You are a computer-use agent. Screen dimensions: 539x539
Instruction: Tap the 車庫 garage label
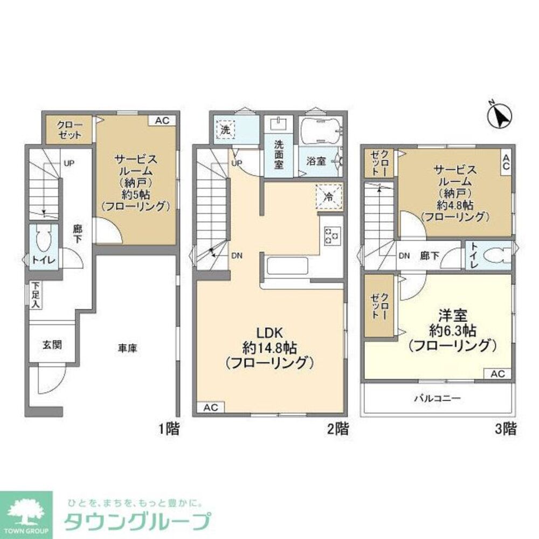click(128, 348)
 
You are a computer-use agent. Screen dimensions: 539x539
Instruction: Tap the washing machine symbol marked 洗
click(225, 129)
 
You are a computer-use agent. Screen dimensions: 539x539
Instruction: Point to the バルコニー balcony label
click(437, 399)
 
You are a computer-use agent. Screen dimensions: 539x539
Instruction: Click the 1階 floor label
click(169, 430)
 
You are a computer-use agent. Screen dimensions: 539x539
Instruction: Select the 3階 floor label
click(506, 430)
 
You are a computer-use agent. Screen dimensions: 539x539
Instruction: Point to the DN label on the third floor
click(404, 256)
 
